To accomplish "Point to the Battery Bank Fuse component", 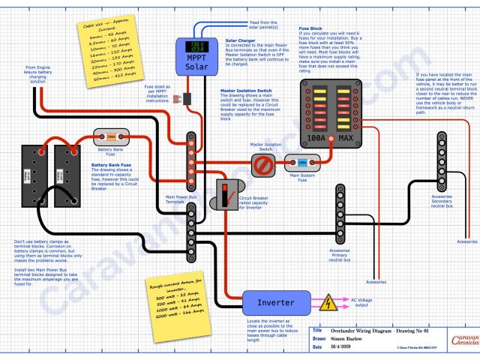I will (x=111, y=137).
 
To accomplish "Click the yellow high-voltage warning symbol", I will (x=328, y=304).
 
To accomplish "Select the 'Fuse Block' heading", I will (x=311, y=28).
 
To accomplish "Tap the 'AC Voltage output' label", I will (x=365, y=303).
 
